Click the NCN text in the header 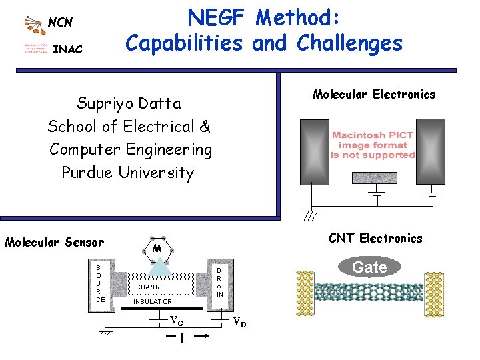point(60,22)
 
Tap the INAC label point(67,49)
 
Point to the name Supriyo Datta point(129,103)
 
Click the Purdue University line point(127,173)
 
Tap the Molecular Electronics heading point(373,94)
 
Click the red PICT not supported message point(373,145)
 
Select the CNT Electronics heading point(375,238)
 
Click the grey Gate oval point(369,267)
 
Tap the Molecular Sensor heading point(55,242)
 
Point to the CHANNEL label point(152,287)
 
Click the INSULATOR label point(153,302)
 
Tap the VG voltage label point(177,320)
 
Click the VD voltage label point(239,323)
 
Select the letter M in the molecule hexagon point(157,249)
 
